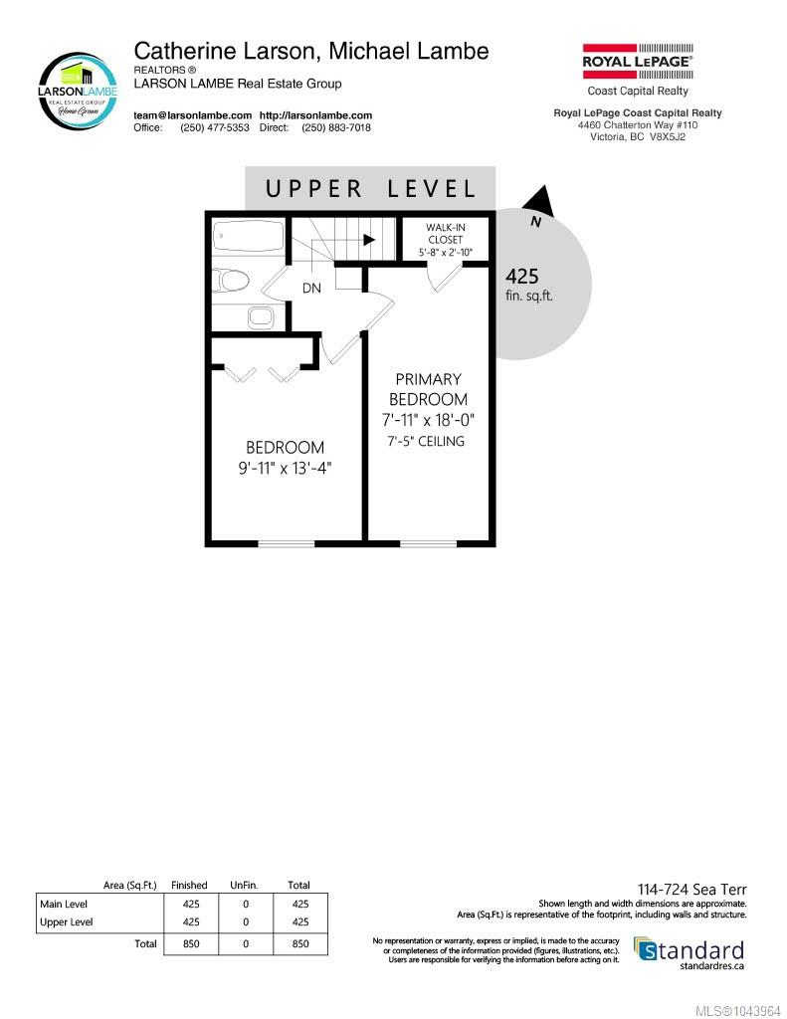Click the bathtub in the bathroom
[249, 237]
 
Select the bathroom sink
[262, 317]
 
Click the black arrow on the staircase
[368, 240]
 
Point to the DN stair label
[311, 288]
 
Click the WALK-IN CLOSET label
[445, 233]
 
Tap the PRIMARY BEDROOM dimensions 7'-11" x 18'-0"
[428, 420]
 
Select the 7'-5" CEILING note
[426, 441]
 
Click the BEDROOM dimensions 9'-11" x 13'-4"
[285, 468]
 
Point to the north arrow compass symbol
[539, 203]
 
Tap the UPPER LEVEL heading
[370, 189]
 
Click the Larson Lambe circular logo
[79, 92]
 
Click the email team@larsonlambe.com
[192, 115]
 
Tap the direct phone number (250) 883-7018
[336, 128]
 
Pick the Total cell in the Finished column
[191, 943]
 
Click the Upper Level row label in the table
[67, 922]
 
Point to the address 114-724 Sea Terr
[692, 890]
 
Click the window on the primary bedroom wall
[428, 543]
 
